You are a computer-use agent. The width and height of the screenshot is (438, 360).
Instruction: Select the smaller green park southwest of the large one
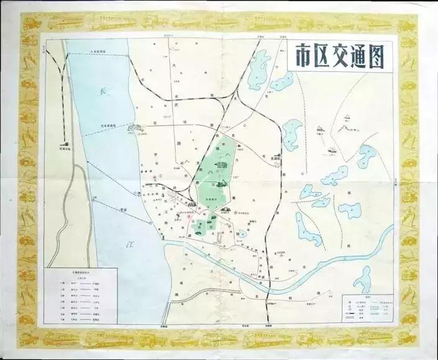tap(200, 227)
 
